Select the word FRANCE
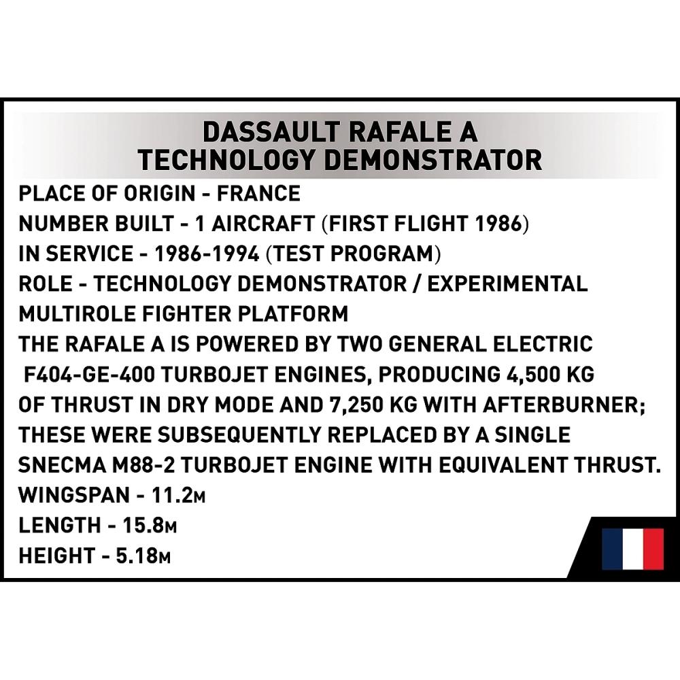[x=258, y=193]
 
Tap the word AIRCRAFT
[x=262, y=224]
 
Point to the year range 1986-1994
[x=207, y=254]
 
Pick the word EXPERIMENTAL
[x=508, y=284]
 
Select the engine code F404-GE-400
[x=89, y=375]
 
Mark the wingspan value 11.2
[x=171, y=495]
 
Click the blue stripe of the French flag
[x=613, y=549]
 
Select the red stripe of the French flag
[x=653, y=549]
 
